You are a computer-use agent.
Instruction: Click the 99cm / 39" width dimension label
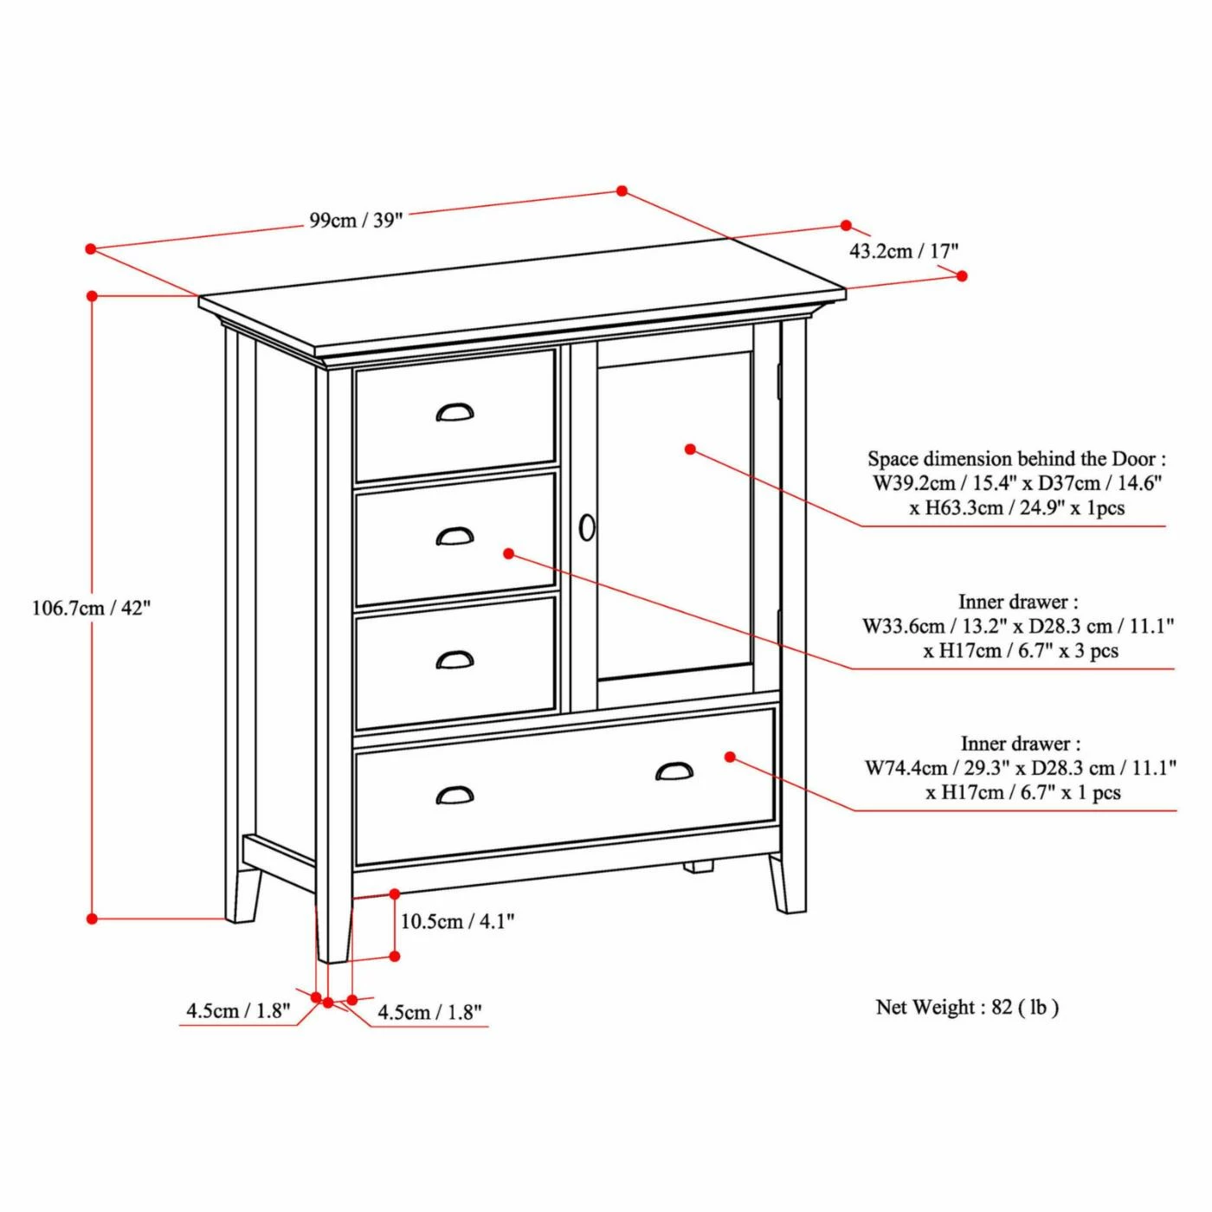[355, 220]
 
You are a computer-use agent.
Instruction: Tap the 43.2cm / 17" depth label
[903, 252]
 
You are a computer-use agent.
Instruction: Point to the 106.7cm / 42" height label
[92, 609]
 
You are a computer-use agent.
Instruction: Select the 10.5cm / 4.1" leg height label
[457, 922]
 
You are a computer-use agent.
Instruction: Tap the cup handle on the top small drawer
[455, 413]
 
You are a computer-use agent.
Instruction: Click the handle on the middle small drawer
[455, 537]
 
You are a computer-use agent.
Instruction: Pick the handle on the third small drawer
[455, 660]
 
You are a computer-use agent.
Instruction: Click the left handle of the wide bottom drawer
[455, 795]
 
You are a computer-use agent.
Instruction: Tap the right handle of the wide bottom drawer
[674, 771]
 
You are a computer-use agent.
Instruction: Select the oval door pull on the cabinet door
[586, 528]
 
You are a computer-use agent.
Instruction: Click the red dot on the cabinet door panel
[690, 449]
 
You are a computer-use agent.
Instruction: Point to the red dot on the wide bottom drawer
[730, 757]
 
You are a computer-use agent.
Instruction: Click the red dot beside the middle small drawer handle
[509, 553]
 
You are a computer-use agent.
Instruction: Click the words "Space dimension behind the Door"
[1004, 459]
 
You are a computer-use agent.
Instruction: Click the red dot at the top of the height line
[92, 295]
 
